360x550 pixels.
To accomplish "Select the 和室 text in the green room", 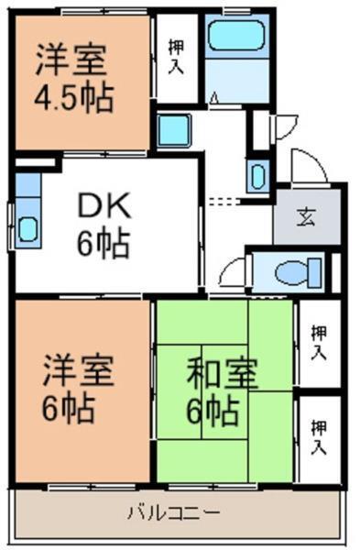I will point(222,374).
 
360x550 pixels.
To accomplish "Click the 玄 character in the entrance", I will point(305,217).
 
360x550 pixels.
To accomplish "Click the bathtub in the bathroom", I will point(235,38).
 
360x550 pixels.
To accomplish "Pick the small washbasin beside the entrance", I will point(257,174).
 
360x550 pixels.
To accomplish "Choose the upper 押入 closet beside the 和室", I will point(318,342).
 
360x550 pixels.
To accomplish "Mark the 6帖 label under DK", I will point(103,244).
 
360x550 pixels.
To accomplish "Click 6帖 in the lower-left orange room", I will point(70,409).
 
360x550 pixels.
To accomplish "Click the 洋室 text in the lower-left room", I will point(77,374).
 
